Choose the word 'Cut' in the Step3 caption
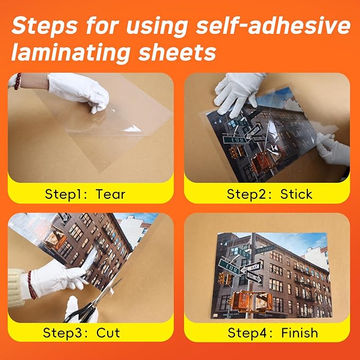(108, 333)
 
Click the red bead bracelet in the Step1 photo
(17, 81)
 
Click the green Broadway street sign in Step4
(265, 248)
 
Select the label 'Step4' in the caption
(247, 333)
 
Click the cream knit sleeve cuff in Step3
(16, 286)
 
